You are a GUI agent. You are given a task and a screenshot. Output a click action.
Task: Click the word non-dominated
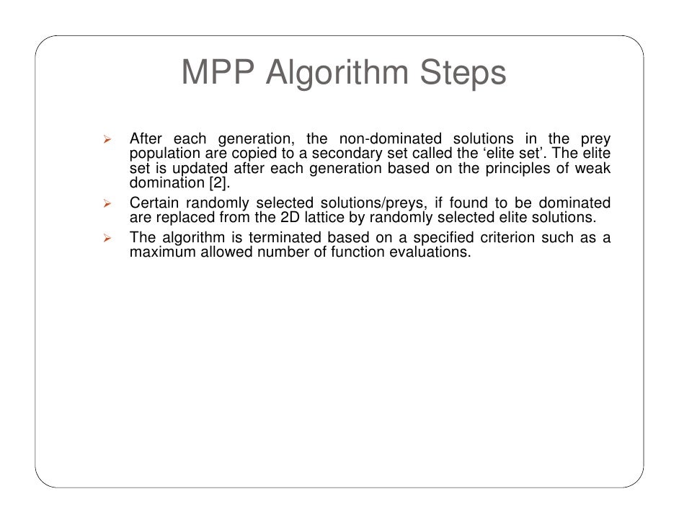[386, 138]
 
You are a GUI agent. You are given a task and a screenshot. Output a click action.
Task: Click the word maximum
[159, 252]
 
